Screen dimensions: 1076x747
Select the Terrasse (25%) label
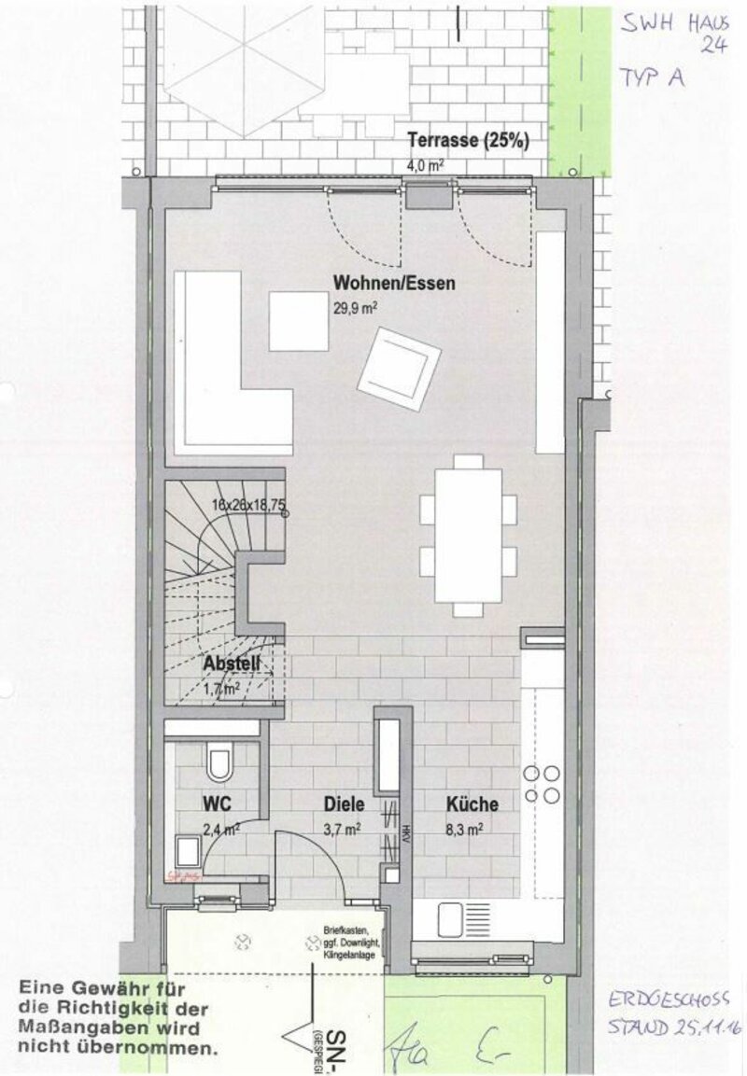click(469, 142)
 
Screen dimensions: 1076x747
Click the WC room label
click(217, 804)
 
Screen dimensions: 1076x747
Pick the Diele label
click(343, 804)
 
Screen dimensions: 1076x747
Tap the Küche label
click(472, 804)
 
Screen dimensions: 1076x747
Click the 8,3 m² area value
click(463, 827)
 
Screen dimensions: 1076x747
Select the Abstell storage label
click(233, 665)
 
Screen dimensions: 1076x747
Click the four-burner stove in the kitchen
click(542, 784)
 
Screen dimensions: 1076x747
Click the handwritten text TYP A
click(650, 78)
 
